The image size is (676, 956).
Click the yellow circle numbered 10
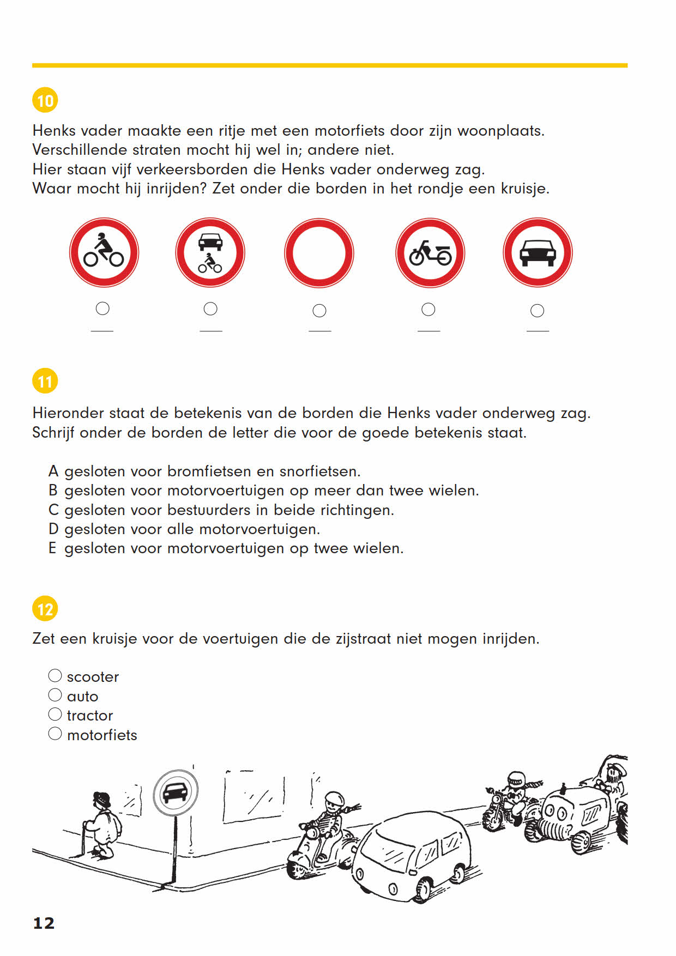click(45, 100)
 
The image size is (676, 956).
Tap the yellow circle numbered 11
click(45, 381)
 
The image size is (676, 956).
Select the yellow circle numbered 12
click(45, 609)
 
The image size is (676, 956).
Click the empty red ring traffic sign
click(319, 253)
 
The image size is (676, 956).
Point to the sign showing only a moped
click(430, 253)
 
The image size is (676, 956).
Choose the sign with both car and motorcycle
click(210, 253)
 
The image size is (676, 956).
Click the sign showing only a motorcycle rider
click(104, 253)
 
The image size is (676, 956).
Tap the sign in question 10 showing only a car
click(538, 253)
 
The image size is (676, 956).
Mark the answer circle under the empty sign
click(319, 311)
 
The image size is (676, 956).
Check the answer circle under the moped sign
click(428, 310)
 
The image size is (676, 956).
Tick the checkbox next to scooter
click(55, 676)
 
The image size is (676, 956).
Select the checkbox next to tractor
click(55, 714)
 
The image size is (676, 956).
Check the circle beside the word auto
click(55, 695)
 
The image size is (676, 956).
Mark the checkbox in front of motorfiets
click(55, 734)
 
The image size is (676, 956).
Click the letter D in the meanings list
click(53, 529)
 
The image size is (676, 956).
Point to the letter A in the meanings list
click(53, 471)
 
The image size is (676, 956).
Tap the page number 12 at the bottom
click(44, 923)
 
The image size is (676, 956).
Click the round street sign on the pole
click(175, 793)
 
